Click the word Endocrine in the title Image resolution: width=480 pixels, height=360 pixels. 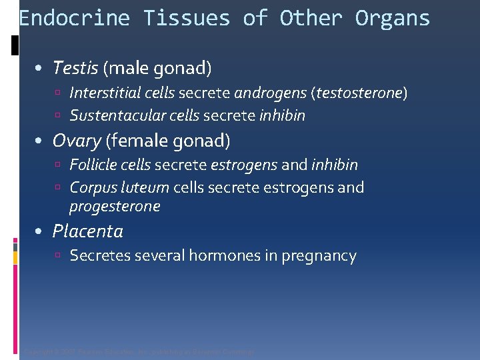pyautogui.click(x=74, y=18)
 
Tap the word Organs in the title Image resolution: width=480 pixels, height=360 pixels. pyautogui.click(x=393, y=18)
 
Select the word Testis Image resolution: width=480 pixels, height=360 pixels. pyautogui.click(x=75, y=67)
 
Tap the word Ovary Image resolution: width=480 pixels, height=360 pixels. pyautogui.click(x=77, y=141)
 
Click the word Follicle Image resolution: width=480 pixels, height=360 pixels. pyautogui.click(x=93, y=165)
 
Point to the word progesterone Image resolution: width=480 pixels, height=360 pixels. pyautogui.click(x=115, y=206)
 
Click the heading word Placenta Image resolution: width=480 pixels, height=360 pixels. pyautogui.click(x=88, y=231)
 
